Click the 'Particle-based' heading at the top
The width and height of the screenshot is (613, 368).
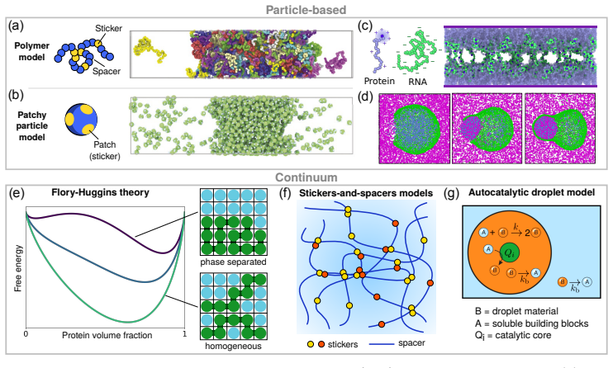[x=306, y=9]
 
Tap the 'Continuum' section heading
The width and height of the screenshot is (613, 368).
[x=306, y=177]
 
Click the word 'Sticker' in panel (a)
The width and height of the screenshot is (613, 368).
[x=109, y=28]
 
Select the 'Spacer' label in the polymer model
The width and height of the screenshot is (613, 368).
[x=107, y=71]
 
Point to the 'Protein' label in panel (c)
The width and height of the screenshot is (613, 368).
[x=379, y=81]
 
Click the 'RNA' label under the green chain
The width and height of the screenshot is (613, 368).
[x=417, y=81]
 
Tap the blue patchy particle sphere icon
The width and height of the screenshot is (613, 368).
[x=81, y=120]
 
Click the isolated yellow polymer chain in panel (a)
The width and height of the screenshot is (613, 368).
[x=150, y=49]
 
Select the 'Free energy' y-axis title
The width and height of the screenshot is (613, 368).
[x=17, y=268]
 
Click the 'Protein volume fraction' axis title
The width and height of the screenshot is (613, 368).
[x=107, y=335]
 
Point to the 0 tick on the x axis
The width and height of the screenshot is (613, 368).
[x=26, y=334]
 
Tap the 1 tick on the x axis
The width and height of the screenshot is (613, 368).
[x=184, y=334]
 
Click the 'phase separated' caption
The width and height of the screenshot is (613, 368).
[x=234, y=262]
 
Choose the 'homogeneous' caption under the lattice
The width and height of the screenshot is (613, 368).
[x=234, y=346]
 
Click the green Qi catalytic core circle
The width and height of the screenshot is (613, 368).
[x=509, y=252]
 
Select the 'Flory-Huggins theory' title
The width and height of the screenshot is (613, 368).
[x=101, y=192]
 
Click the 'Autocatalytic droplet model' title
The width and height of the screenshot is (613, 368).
[x=532, y=192]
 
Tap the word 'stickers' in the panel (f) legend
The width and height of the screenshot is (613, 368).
[x=343, y=344]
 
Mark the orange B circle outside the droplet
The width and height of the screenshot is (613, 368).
[x=563, y=281]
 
